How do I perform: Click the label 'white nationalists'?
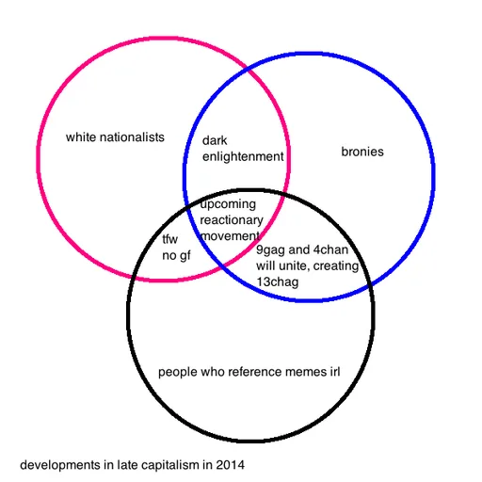(115, 137)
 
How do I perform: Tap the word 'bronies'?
(362, 152)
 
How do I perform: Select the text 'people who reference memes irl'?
(249, 372)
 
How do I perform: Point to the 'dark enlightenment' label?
(243, 149)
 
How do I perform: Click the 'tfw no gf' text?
(176, 248)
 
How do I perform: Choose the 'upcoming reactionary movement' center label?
(232, 220)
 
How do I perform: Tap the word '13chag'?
(278, 281)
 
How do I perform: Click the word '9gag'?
(271, 250)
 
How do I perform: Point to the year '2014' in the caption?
(230, 465)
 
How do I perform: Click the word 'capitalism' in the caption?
(169, 465)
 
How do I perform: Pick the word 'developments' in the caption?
(60, 465)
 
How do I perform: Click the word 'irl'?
(335, 372)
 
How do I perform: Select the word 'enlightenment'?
(243, 156)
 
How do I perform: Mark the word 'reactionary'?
(232, 220)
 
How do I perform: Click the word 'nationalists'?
(132, 137)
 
